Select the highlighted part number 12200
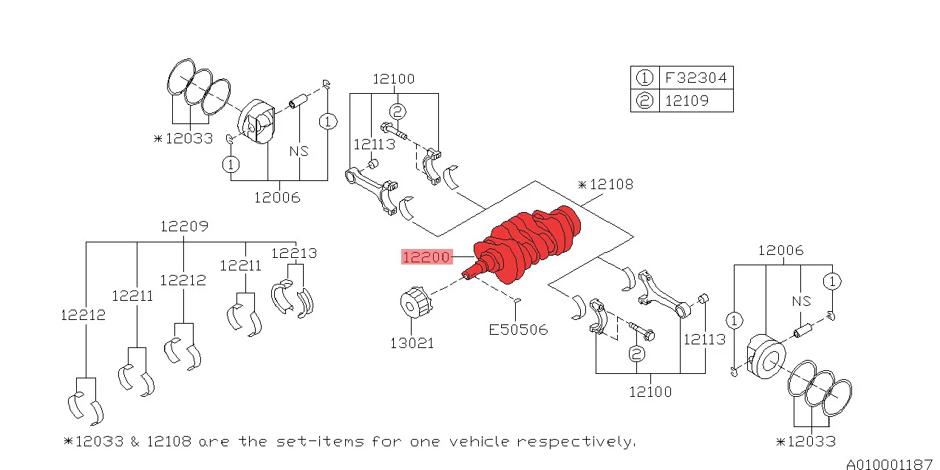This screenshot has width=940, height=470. [x=426, y=257]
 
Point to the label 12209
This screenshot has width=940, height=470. [x=184, y=226]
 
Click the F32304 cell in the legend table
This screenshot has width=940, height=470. [x=695, y=78]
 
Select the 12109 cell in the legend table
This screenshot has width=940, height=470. [x=687, y=101]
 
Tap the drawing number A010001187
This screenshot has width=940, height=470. [x=889, y=464]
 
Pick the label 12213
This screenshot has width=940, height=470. [x=293, y=253]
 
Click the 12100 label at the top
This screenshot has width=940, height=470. [x=393, y=79]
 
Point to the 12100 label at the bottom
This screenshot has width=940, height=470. [x=650, y=392]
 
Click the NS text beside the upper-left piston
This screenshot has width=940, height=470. [x=299, y=151]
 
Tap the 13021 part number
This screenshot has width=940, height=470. [x=412, y=343]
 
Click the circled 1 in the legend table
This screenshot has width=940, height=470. [x=644, y=78]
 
